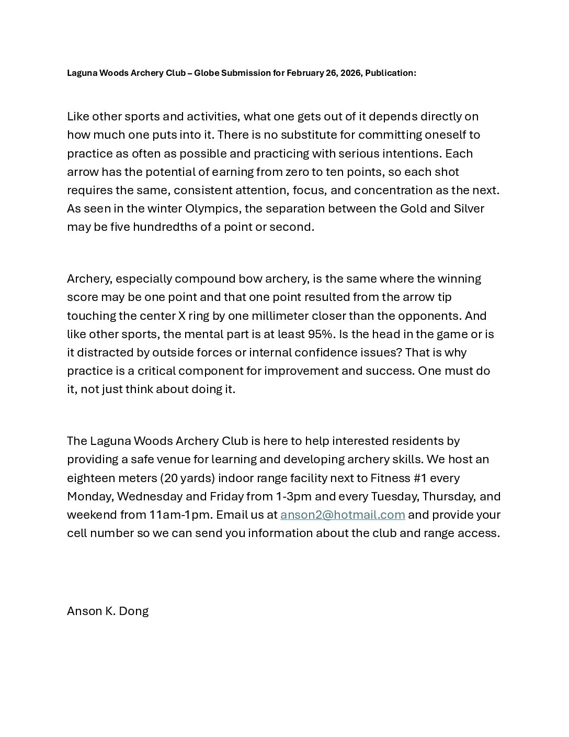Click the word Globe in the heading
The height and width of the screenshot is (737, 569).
(206, 73)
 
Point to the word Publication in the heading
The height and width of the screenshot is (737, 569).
(390, 73)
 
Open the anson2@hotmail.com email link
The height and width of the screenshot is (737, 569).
(343, 515)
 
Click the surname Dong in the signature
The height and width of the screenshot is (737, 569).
(134, 611)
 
